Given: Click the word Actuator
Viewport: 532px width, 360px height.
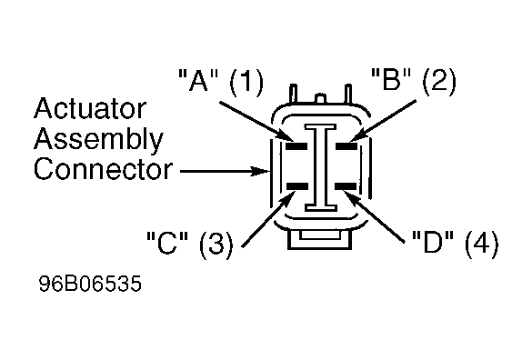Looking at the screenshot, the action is [90, 108].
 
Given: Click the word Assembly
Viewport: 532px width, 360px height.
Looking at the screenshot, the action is [98, 140].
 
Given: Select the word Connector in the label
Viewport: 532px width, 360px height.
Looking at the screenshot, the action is [103, 169].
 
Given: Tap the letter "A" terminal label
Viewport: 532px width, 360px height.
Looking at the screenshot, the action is [198, 80].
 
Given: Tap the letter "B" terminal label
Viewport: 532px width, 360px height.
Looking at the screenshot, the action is [391, 79].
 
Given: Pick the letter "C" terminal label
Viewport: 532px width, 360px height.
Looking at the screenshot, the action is [167, 242].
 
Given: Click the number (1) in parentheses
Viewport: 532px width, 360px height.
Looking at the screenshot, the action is [246, 82].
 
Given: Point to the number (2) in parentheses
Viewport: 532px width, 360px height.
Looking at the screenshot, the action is [439, 81].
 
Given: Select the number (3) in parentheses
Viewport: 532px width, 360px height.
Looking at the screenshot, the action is [216, 244].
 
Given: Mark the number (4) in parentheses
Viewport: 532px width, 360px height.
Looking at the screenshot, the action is [481, 244].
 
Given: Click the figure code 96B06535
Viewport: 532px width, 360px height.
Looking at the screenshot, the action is [90, 284].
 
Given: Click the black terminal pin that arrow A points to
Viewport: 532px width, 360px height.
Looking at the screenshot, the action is [296, 146].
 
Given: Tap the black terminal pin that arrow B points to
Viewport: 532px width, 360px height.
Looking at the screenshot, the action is [346, 146].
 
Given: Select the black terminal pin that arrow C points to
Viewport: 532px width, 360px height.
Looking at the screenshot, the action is [297, 186].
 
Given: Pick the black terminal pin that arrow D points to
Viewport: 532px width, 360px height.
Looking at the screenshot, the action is [346, 186].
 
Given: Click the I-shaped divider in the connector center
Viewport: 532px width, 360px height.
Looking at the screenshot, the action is [321, 167].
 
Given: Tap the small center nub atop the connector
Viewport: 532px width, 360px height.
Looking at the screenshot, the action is [321, 99].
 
